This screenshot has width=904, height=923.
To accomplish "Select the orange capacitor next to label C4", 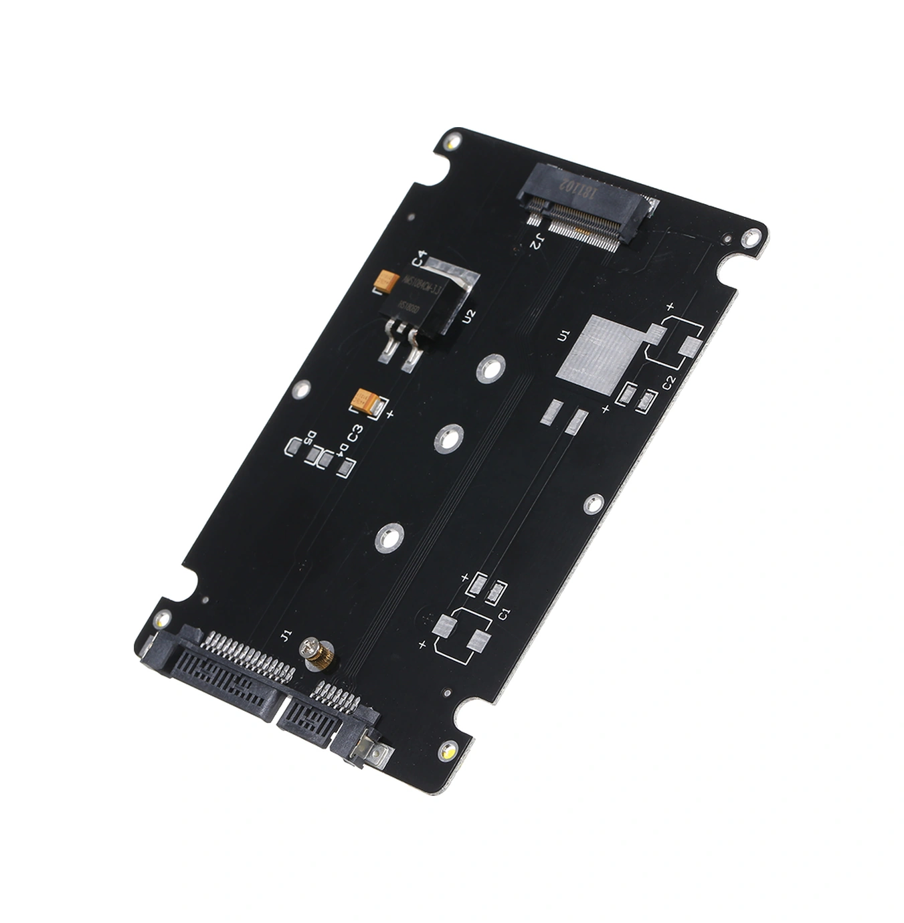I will coord(388,280).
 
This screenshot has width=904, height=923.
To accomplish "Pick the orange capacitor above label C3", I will coord(366,403).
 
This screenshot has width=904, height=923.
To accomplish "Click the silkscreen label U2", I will coord(469,314).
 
